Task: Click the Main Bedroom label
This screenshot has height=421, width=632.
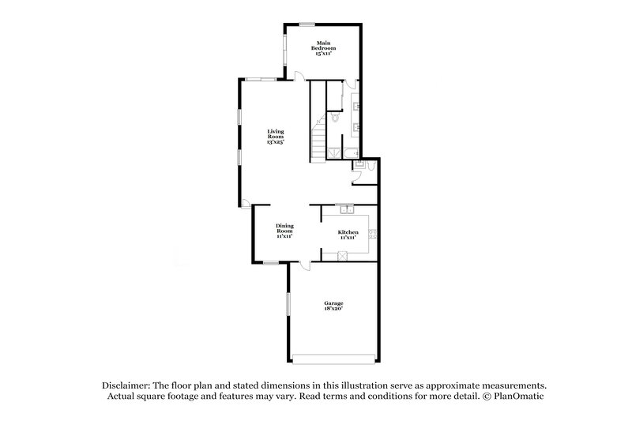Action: click(322, 48)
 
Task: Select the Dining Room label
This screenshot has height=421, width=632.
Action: click(284, 231)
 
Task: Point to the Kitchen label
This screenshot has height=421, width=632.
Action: click(348, 234)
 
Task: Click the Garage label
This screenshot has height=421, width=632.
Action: click(333, 306)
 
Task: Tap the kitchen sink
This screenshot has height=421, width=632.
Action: click(344, 209)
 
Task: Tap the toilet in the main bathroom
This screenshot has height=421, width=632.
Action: click(335, 118)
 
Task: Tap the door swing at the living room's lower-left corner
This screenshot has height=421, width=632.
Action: click(248, 204)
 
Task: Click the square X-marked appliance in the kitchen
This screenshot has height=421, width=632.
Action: click(343, 254)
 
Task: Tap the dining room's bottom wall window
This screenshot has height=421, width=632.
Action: click(271, 262)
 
